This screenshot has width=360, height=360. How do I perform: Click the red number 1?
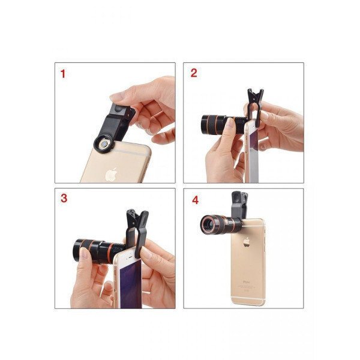pyautogui.click(x=63, y=74)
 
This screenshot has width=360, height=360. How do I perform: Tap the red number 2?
pyautogui.click(x=194, y=73)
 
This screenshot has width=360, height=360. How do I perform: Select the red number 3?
pyautogui.click(x=64, y=198)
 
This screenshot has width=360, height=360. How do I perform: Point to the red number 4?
pyautogui.click(x=195, y=200)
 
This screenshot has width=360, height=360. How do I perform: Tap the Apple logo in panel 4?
pyautogui.click(x=247, y=242)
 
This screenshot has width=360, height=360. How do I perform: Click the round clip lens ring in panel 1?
pyautogui.click(x=104, y=145)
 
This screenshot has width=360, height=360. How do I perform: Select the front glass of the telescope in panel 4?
pyautogui.click(x=208, y=224)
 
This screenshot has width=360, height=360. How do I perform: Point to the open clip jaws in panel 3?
pyautogui.click(x=137, y=216)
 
